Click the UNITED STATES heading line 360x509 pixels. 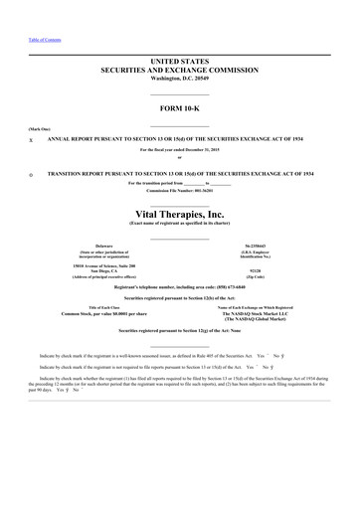(180, 62)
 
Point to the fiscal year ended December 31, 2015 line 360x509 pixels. (180, 149)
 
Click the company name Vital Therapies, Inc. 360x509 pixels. (180, 212)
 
